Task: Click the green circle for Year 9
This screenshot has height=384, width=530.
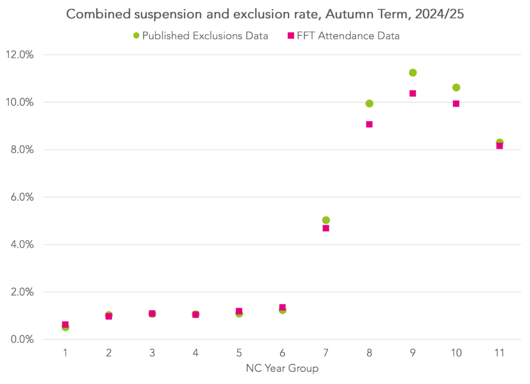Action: point(413,73)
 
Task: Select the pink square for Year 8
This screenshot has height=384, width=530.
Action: point(369,125)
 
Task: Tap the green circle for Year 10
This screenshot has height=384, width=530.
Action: point(456,87)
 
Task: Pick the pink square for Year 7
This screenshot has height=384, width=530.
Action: point(326,228)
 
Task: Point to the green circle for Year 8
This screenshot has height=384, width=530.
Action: point(369,103)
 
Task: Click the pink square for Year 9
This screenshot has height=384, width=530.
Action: point(413,94)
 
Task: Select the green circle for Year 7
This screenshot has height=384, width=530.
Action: point(326,220)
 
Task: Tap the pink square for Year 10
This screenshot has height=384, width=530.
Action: point(456,103)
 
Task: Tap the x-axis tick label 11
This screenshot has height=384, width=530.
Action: point(499,354)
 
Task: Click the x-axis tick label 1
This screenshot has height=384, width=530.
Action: point(65,354)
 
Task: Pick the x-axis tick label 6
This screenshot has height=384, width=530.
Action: point(282,354)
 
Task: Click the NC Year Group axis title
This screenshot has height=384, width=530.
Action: point(282,368)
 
